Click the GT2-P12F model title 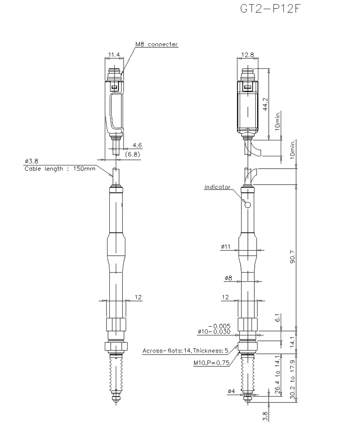270,9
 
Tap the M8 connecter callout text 156,44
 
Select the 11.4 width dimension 114,55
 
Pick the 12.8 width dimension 247,55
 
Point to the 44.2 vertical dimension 266,104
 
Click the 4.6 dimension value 137,145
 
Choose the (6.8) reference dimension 133,154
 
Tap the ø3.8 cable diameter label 31,161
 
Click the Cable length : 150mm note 60,169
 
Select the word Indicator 217,187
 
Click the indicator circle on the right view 247,205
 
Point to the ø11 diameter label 226,246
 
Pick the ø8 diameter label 228,278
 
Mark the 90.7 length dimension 293,257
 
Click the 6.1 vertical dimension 278,318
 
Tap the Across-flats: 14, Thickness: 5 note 185,351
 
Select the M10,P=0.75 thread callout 211,363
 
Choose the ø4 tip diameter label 231,391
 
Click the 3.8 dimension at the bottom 265,416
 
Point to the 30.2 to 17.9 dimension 293,379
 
